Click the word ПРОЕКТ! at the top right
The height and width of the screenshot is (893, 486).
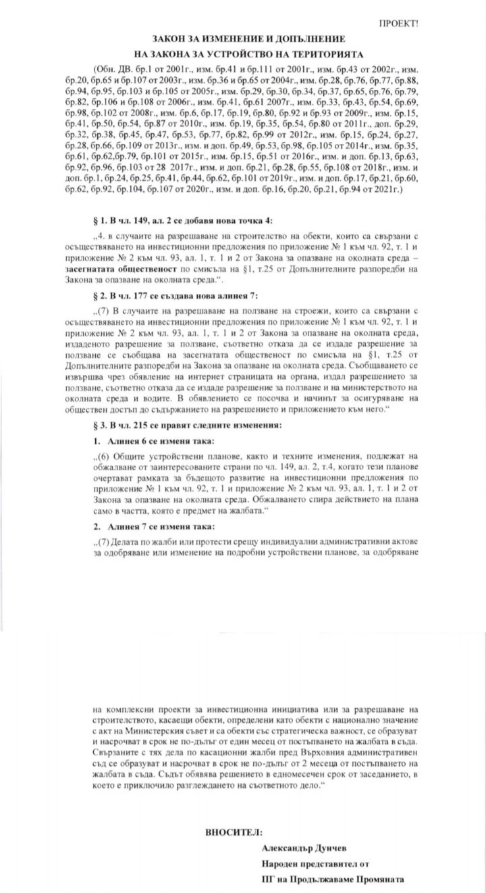point(398,23)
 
